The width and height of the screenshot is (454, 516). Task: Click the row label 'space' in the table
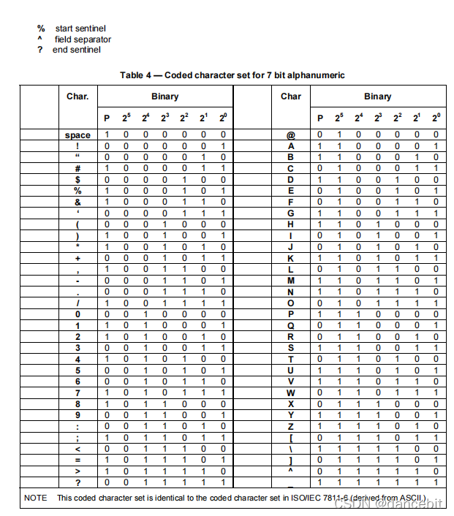[x=77, y=135]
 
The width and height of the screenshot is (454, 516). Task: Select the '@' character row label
[x=290, y=135]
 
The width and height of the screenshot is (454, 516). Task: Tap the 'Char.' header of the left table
[x=77, y=96]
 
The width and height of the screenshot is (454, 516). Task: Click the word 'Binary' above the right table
[x=377, y=96]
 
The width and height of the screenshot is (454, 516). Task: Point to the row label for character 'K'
[x=290, y=258]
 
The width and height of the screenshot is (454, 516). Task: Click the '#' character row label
[x=77, y=168]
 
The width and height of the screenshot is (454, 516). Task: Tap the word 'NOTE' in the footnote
[x=36, y=498]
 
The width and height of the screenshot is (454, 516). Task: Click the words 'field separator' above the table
[x=83, y=39]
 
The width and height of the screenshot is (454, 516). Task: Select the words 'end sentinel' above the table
[x=77, y=50]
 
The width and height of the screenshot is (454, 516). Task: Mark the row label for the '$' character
[x=77, y=180]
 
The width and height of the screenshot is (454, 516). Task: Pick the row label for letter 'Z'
[x=290, y=425]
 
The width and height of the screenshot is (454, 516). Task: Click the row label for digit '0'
[x=77, y=314]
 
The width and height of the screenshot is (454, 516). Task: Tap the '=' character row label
[x=77, y=459]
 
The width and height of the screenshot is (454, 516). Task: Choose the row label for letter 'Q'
[x=290, y=325]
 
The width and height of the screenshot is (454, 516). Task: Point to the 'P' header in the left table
[x=107, y=118]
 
